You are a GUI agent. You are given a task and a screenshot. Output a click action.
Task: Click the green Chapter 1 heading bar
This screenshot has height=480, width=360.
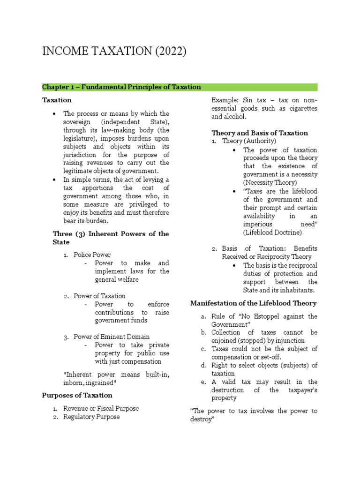pyautogui.click(x=180, y=87)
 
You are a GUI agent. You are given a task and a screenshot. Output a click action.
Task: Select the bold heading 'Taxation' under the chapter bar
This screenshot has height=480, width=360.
pyautogui.click(x=57, y=100)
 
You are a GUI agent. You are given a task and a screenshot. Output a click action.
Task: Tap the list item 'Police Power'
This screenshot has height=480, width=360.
pyautogui.click(x=92, y=255)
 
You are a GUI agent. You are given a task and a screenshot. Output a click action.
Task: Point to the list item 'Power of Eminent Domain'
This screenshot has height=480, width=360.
pyautogui.click(x=112, y=337)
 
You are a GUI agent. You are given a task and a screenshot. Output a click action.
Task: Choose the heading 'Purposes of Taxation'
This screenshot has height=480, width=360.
pyautogui.click(x=77, y=395)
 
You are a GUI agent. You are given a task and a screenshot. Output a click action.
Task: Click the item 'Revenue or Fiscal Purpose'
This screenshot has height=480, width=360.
pyautogui.click(x=101, y=408)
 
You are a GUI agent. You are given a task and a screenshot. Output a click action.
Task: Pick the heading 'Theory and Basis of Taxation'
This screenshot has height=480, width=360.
pyautogui.click(x=260, y=133)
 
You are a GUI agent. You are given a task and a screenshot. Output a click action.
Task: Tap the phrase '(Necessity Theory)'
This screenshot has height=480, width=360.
pyautogui.click(x=270, y=182)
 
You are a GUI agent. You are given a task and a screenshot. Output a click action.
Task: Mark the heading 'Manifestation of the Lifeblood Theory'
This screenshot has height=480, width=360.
pyautogui.click(x=253, y=303)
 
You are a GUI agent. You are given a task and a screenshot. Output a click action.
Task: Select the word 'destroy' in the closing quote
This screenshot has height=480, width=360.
pyautogui.click(x=202, y=420)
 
